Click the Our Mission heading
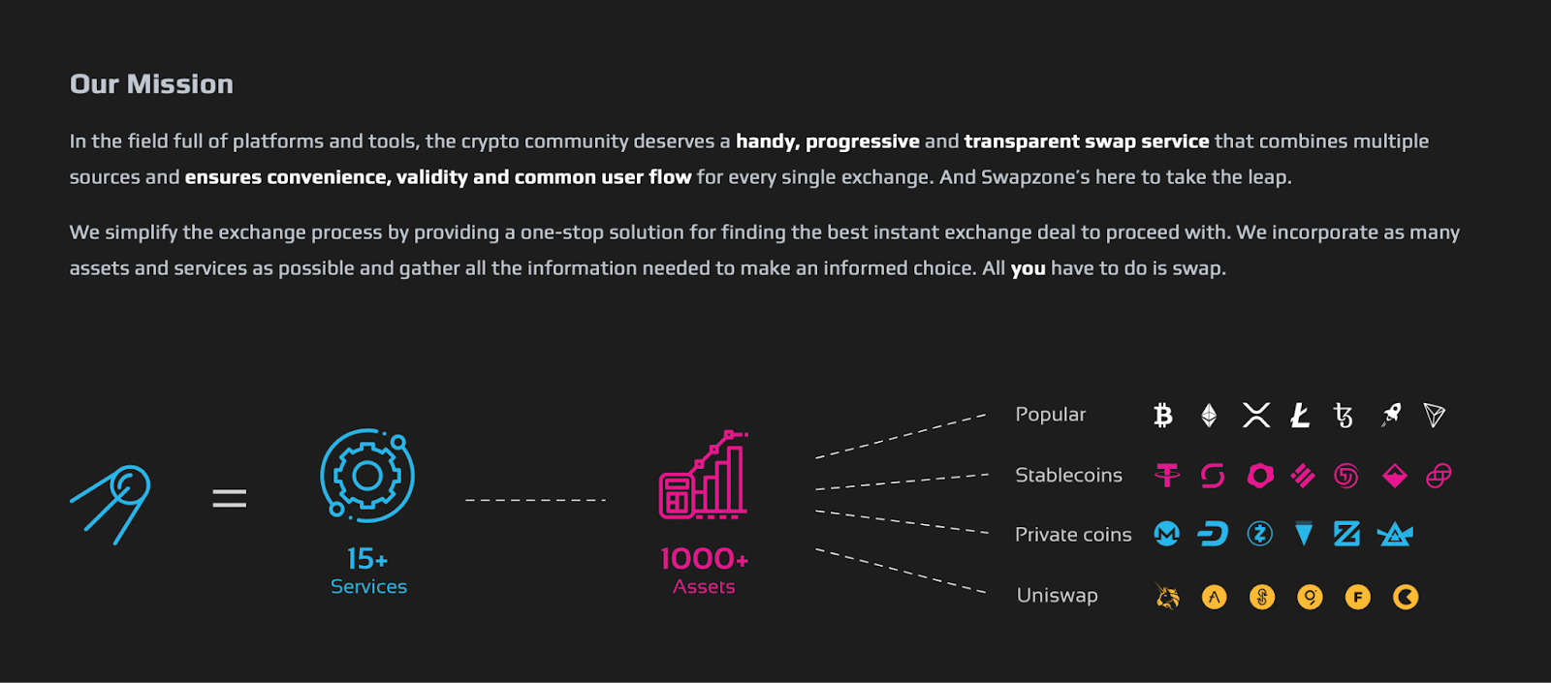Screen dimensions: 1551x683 pyautogui.click(x=151, y=84)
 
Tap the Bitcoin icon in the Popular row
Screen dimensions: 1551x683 pyautogui.click(x=1163, y=416)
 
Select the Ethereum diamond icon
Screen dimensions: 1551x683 pyautogui.click(x=1209, y=416)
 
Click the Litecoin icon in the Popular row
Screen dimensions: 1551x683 pyautogui.click(x=1300, y=416)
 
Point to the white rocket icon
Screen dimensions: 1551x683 pyautogui.click(x=1391, y=416)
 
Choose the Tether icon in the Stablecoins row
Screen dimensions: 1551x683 pyautogui.click(x=1167, y=475)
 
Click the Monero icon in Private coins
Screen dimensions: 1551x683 pyautogui.click(x=1167, y=534)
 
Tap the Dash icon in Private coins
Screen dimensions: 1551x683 pyautogui.click(x=1213, y=534)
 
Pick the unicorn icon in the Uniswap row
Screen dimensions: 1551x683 pyautogui.click(x=1168, y=597)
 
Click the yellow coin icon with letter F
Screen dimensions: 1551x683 pyautogui.click(x=1357, y=597)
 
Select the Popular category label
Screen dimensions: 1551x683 pyautogui.click(x=1050, y=415)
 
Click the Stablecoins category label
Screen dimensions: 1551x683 pyautogui.click(x=1068, y=476)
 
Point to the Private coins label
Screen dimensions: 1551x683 pyautogui.click(x=1073, y=535)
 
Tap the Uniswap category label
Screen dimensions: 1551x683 pyautogui.click(x=1057, y=596)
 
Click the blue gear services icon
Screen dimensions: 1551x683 pyautogui.click(x=367, y=475)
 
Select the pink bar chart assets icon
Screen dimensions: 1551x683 pyautogui.click(x=704, y=476)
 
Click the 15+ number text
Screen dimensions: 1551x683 pyautogui.click(x=367, y=559)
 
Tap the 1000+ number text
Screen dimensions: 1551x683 pyautogui.click(x=704, y=559)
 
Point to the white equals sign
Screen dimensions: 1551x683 pyautogui.click(x=230, y=499)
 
